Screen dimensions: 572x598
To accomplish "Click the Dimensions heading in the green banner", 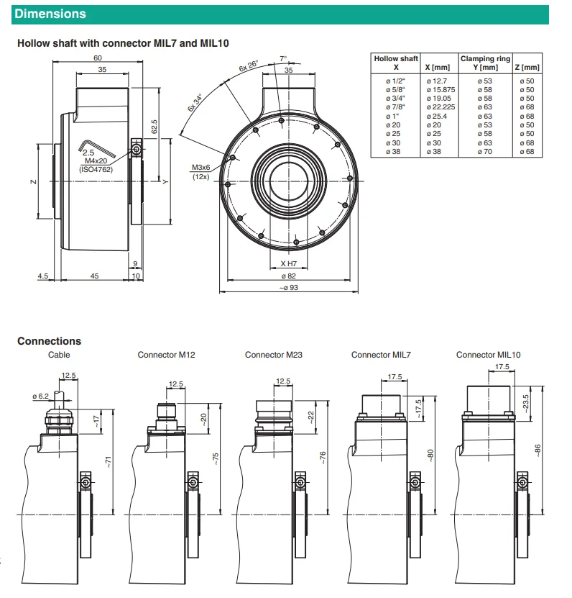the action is pyautogui.click(x=50, y=14).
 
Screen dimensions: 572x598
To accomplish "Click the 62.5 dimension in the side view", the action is pyautogui.click(x=154, y=127).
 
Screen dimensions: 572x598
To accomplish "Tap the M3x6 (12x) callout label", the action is pyautogui.click(x=200, y=172).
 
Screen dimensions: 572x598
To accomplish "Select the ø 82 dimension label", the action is pyautogui.click(x=289, y=276).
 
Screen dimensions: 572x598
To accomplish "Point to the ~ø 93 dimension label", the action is pyautogui.click(x=289, y=288).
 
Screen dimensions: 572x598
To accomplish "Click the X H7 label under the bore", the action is pyautogui.click(x=289, y=263).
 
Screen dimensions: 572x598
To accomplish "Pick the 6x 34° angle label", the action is pyautogui.click(x=195, y=102).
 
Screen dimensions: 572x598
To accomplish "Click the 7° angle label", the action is pyautogui.click(x=283, y=59).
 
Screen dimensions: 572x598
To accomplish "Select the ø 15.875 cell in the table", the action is pyautogui.click(x=440, y=90).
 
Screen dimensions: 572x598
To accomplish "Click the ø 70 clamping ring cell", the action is pyautogui.click(x=485, y=152).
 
